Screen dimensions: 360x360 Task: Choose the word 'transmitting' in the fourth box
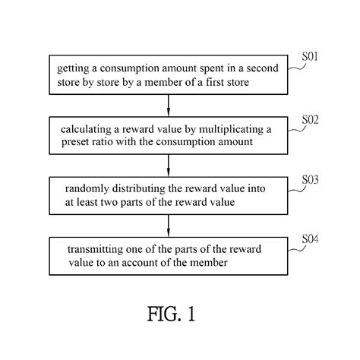click(90, 250)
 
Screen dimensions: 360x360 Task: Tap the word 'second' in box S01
click(250, 69)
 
